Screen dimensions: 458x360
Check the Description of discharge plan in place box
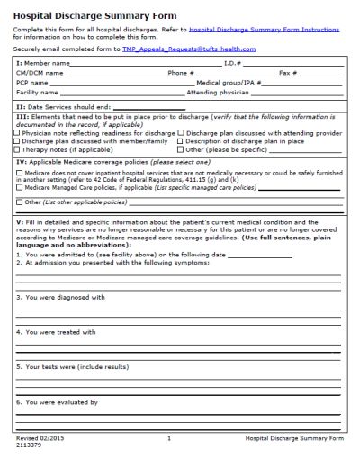[181, 141]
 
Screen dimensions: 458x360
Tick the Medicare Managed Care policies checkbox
[18, 190]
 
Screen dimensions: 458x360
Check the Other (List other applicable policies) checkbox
[18, 203]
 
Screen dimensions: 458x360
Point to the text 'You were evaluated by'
[58, 402]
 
